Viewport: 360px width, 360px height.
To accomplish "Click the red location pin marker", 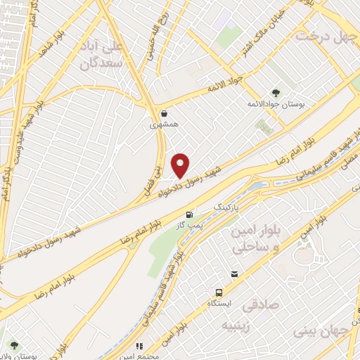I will click(x=181, y=165).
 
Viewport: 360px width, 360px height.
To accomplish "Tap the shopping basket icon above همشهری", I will click(x=164, y=113).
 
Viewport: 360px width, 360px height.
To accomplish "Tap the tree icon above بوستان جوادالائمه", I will click(x=276, y=92).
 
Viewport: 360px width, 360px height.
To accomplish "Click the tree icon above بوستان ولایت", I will click(x=13, y=345).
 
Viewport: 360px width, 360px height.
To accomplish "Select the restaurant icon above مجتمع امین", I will click(x=140, y=346).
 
